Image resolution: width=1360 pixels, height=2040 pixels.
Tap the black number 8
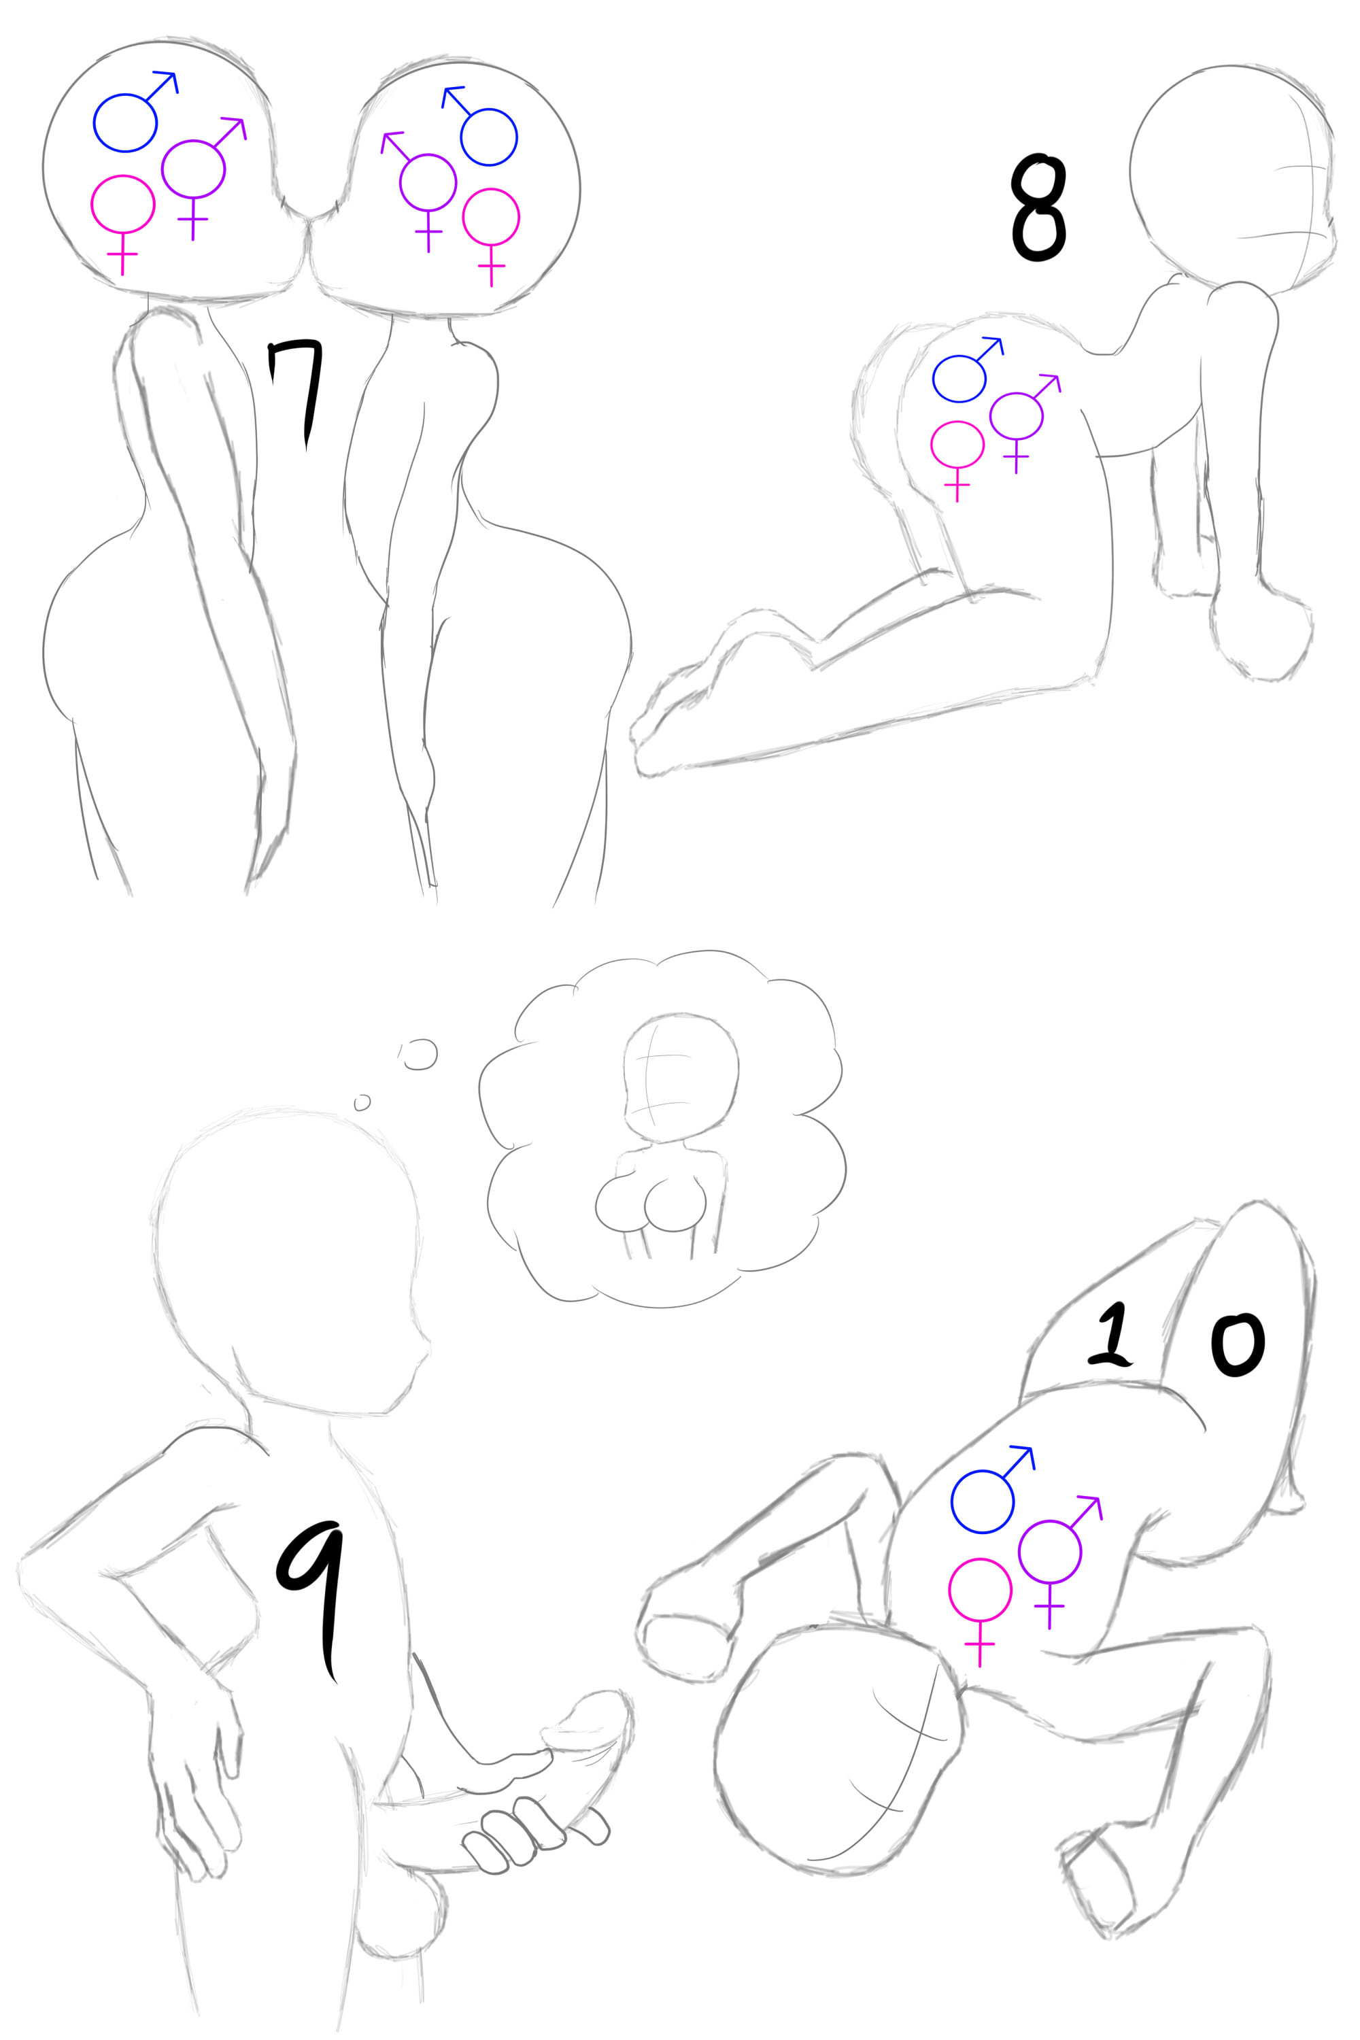pos(1038,209)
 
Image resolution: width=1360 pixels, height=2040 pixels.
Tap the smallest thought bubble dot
pos(362,1102)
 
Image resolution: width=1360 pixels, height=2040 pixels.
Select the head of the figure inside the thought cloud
pos(680,1076)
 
